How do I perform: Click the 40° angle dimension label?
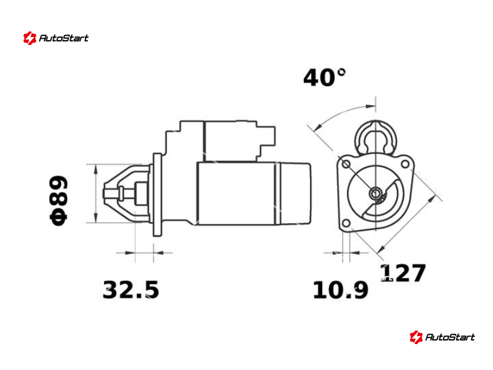325,77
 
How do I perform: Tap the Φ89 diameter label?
59,201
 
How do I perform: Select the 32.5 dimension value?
131,289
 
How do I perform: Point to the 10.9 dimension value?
341,290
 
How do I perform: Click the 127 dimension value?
403,273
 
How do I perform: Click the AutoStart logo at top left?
55,38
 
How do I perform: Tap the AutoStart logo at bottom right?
442,337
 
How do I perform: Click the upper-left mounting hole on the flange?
346,164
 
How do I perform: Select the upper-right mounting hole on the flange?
405,164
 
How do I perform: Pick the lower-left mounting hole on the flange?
346,223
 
